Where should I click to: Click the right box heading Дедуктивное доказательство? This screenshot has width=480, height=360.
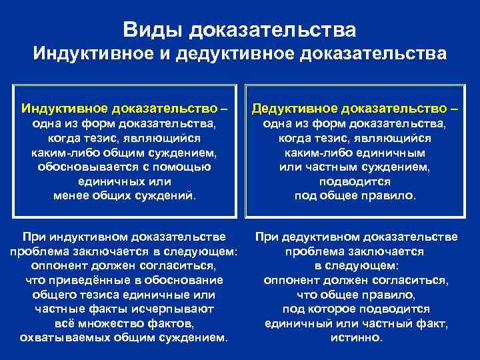356,108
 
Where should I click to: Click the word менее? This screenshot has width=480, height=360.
69,196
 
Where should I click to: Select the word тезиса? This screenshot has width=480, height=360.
97,295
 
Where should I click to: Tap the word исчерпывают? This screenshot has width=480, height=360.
176,309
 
